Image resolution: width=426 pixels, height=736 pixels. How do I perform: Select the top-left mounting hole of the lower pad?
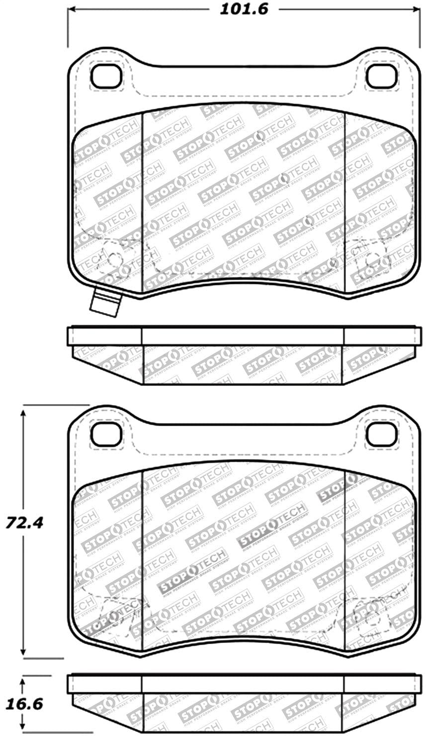point(106,434)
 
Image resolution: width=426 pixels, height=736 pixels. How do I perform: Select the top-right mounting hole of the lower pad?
point(382,434)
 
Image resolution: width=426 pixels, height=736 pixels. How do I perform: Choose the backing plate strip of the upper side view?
point(244,336)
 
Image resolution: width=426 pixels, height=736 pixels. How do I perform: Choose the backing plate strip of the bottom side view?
point(244,684)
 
